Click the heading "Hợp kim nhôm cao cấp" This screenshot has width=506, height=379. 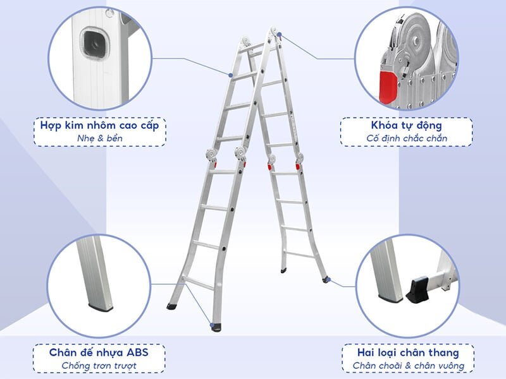pos(100,125)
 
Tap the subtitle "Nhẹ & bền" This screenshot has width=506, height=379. pos(100,138)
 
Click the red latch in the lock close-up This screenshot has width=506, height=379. pos(387,86)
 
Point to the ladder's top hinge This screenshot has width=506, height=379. pos(273,32)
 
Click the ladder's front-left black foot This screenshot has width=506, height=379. pos(172,306)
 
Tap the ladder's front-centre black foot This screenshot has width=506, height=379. pos(215,327)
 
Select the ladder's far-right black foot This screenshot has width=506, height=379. pos(326,279)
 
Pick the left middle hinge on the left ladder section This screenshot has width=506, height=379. pos(209,155)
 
